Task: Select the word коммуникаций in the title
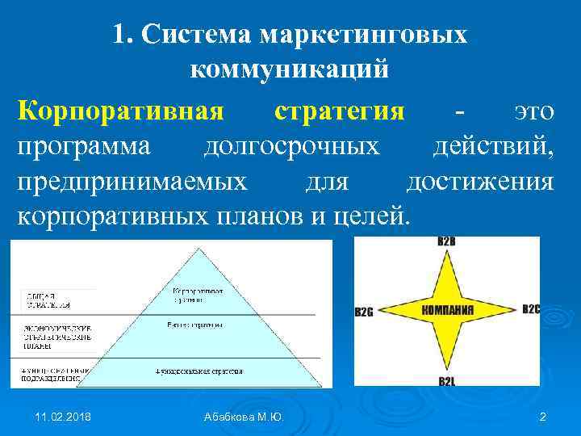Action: pyautogui.click(x=290, y=69)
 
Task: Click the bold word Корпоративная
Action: pyautogui.click(x=119, y=111)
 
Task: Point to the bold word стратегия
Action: pyautogui.click(x=339, y=111)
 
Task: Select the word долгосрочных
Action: pyautogui.click(x=290, y=146)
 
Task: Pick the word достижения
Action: pyautogui.click(x=480, y=182)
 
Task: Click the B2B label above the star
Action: pyautogui.click(x=446, y=242)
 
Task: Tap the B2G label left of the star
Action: pyautogui.click(x=364, y=312)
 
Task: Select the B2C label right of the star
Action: pyautogui.click(x=530, y=309)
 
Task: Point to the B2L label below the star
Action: pyautogui.click(x=446, y=379)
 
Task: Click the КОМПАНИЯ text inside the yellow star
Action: pyautogui.click(x=447, y=310)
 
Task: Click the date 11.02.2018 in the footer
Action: pyautogui.click(x=63, y=416)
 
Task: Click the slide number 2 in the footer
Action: pyautogui.click(x=542, y=416)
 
